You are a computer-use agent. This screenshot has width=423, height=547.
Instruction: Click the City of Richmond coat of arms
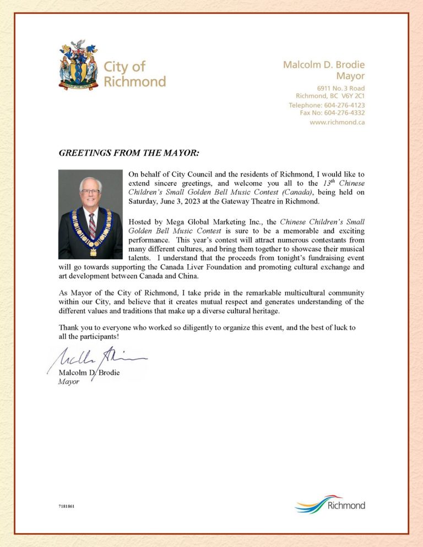tap(79, 65)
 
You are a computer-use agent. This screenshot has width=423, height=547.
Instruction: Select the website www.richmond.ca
tap(337, 122)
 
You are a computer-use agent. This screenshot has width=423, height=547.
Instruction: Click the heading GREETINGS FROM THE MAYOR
tap(129, 152)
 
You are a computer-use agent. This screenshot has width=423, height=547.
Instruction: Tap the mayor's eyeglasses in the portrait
tap(90, 192)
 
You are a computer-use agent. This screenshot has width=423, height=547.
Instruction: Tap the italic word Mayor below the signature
tap(69, 381)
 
